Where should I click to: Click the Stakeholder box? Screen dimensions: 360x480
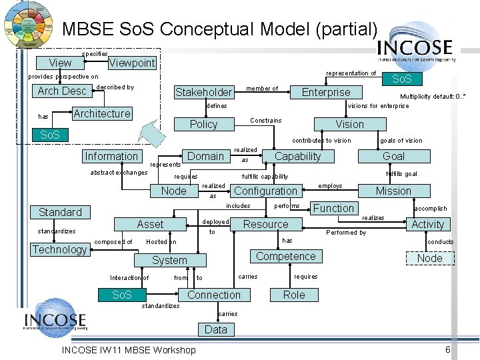(203, 92)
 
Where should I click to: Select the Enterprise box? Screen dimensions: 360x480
(326, 92)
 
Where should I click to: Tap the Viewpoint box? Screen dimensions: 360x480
(132, 63)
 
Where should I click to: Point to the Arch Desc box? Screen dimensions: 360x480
(62, 91)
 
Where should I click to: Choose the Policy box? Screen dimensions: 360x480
(203, 124)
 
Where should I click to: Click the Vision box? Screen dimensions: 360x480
(350, 124)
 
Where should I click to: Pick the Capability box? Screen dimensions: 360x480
(297, 156)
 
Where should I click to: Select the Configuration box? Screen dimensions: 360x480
(265, 191)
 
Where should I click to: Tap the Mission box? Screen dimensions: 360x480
(393, 191)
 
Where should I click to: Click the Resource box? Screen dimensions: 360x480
(265, 224)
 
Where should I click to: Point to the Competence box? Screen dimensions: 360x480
(285, 256)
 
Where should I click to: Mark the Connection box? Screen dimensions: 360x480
(214, 295)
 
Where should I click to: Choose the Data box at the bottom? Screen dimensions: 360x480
(215, 329)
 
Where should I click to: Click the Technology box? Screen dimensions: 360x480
(60, 249)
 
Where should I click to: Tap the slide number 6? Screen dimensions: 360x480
(447, 350)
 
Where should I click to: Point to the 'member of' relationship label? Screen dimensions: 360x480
(262, 89)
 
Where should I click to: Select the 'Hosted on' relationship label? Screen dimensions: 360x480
(161, 242)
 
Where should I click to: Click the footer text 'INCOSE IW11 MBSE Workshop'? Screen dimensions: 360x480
(129, 350)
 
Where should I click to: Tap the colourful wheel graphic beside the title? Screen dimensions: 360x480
(28, 24)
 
